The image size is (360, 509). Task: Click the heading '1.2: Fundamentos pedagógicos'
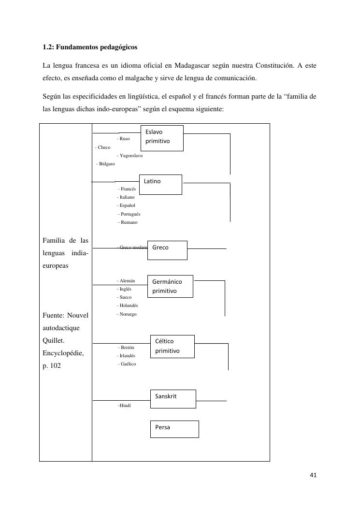(90, 47)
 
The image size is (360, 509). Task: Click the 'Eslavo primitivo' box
(162, 138)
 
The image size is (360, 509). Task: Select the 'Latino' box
(160, 184)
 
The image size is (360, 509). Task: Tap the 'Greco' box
(167, 250)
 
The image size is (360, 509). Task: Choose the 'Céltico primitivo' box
(173, 346)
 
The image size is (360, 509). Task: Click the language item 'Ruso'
(123, 139)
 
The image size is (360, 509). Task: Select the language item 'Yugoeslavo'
(130, 156)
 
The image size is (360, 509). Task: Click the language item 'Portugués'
(129, 214)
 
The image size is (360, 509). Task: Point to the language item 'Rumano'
(128, 222)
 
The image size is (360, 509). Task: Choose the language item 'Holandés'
(128, 305)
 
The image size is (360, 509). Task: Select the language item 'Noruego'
(127, 314)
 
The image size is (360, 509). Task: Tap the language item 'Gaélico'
(127, 364)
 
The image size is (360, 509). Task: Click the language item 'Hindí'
(125, 406)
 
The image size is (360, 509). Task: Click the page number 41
(313, 475)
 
